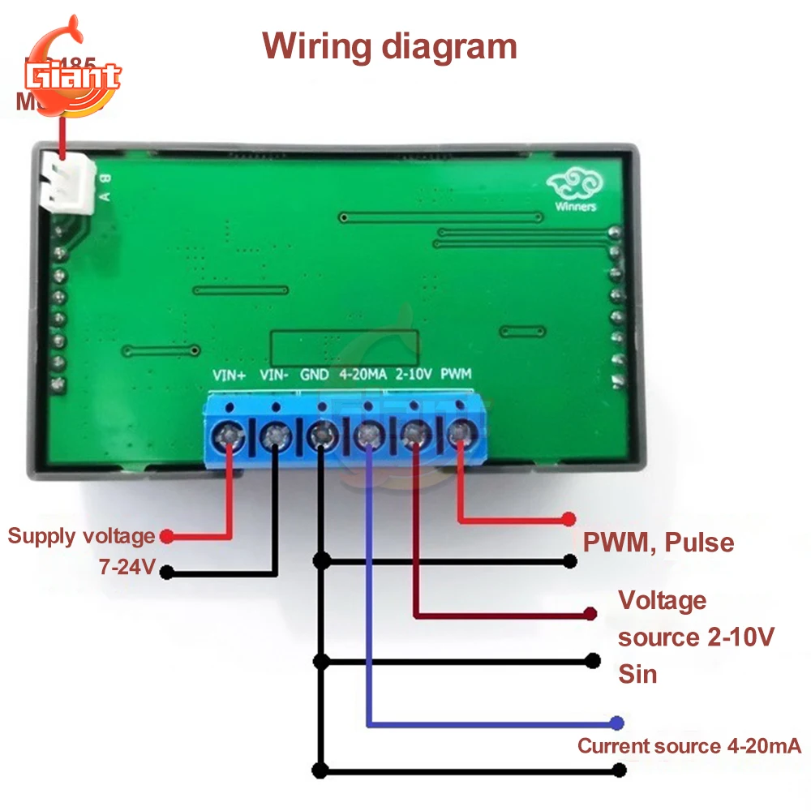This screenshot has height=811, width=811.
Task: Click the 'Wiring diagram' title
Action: pyautogui.click(x=390, y=46)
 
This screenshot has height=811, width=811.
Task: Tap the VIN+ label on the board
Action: pyautogui.click(x=228, y=375)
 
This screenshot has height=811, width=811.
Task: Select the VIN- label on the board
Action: pyautogui.click(x=274, y=375)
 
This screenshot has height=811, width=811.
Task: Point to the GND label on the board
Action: pyautogui.click(x=315, y=375)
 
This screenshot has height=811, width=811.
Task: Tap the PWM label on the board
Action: pyautogui.click(x=457, y=375)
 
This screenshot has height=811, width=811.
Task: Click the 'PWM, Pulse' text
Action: pyautogui.click(x=658, y=542)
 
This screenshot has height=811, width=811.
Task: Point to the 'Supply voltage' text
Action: pyautogui.click(x=81, y=536)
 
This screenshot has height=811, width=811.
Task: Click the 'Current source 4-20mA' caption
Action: pyautogui.click(x=689, y=746)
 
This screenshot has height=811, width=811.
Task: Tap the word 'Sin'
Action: pyautogui.click(x=637, y=674)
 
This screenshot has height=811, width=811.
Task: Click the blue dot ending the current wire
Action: pyautogui.click(x=618, y=722)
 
